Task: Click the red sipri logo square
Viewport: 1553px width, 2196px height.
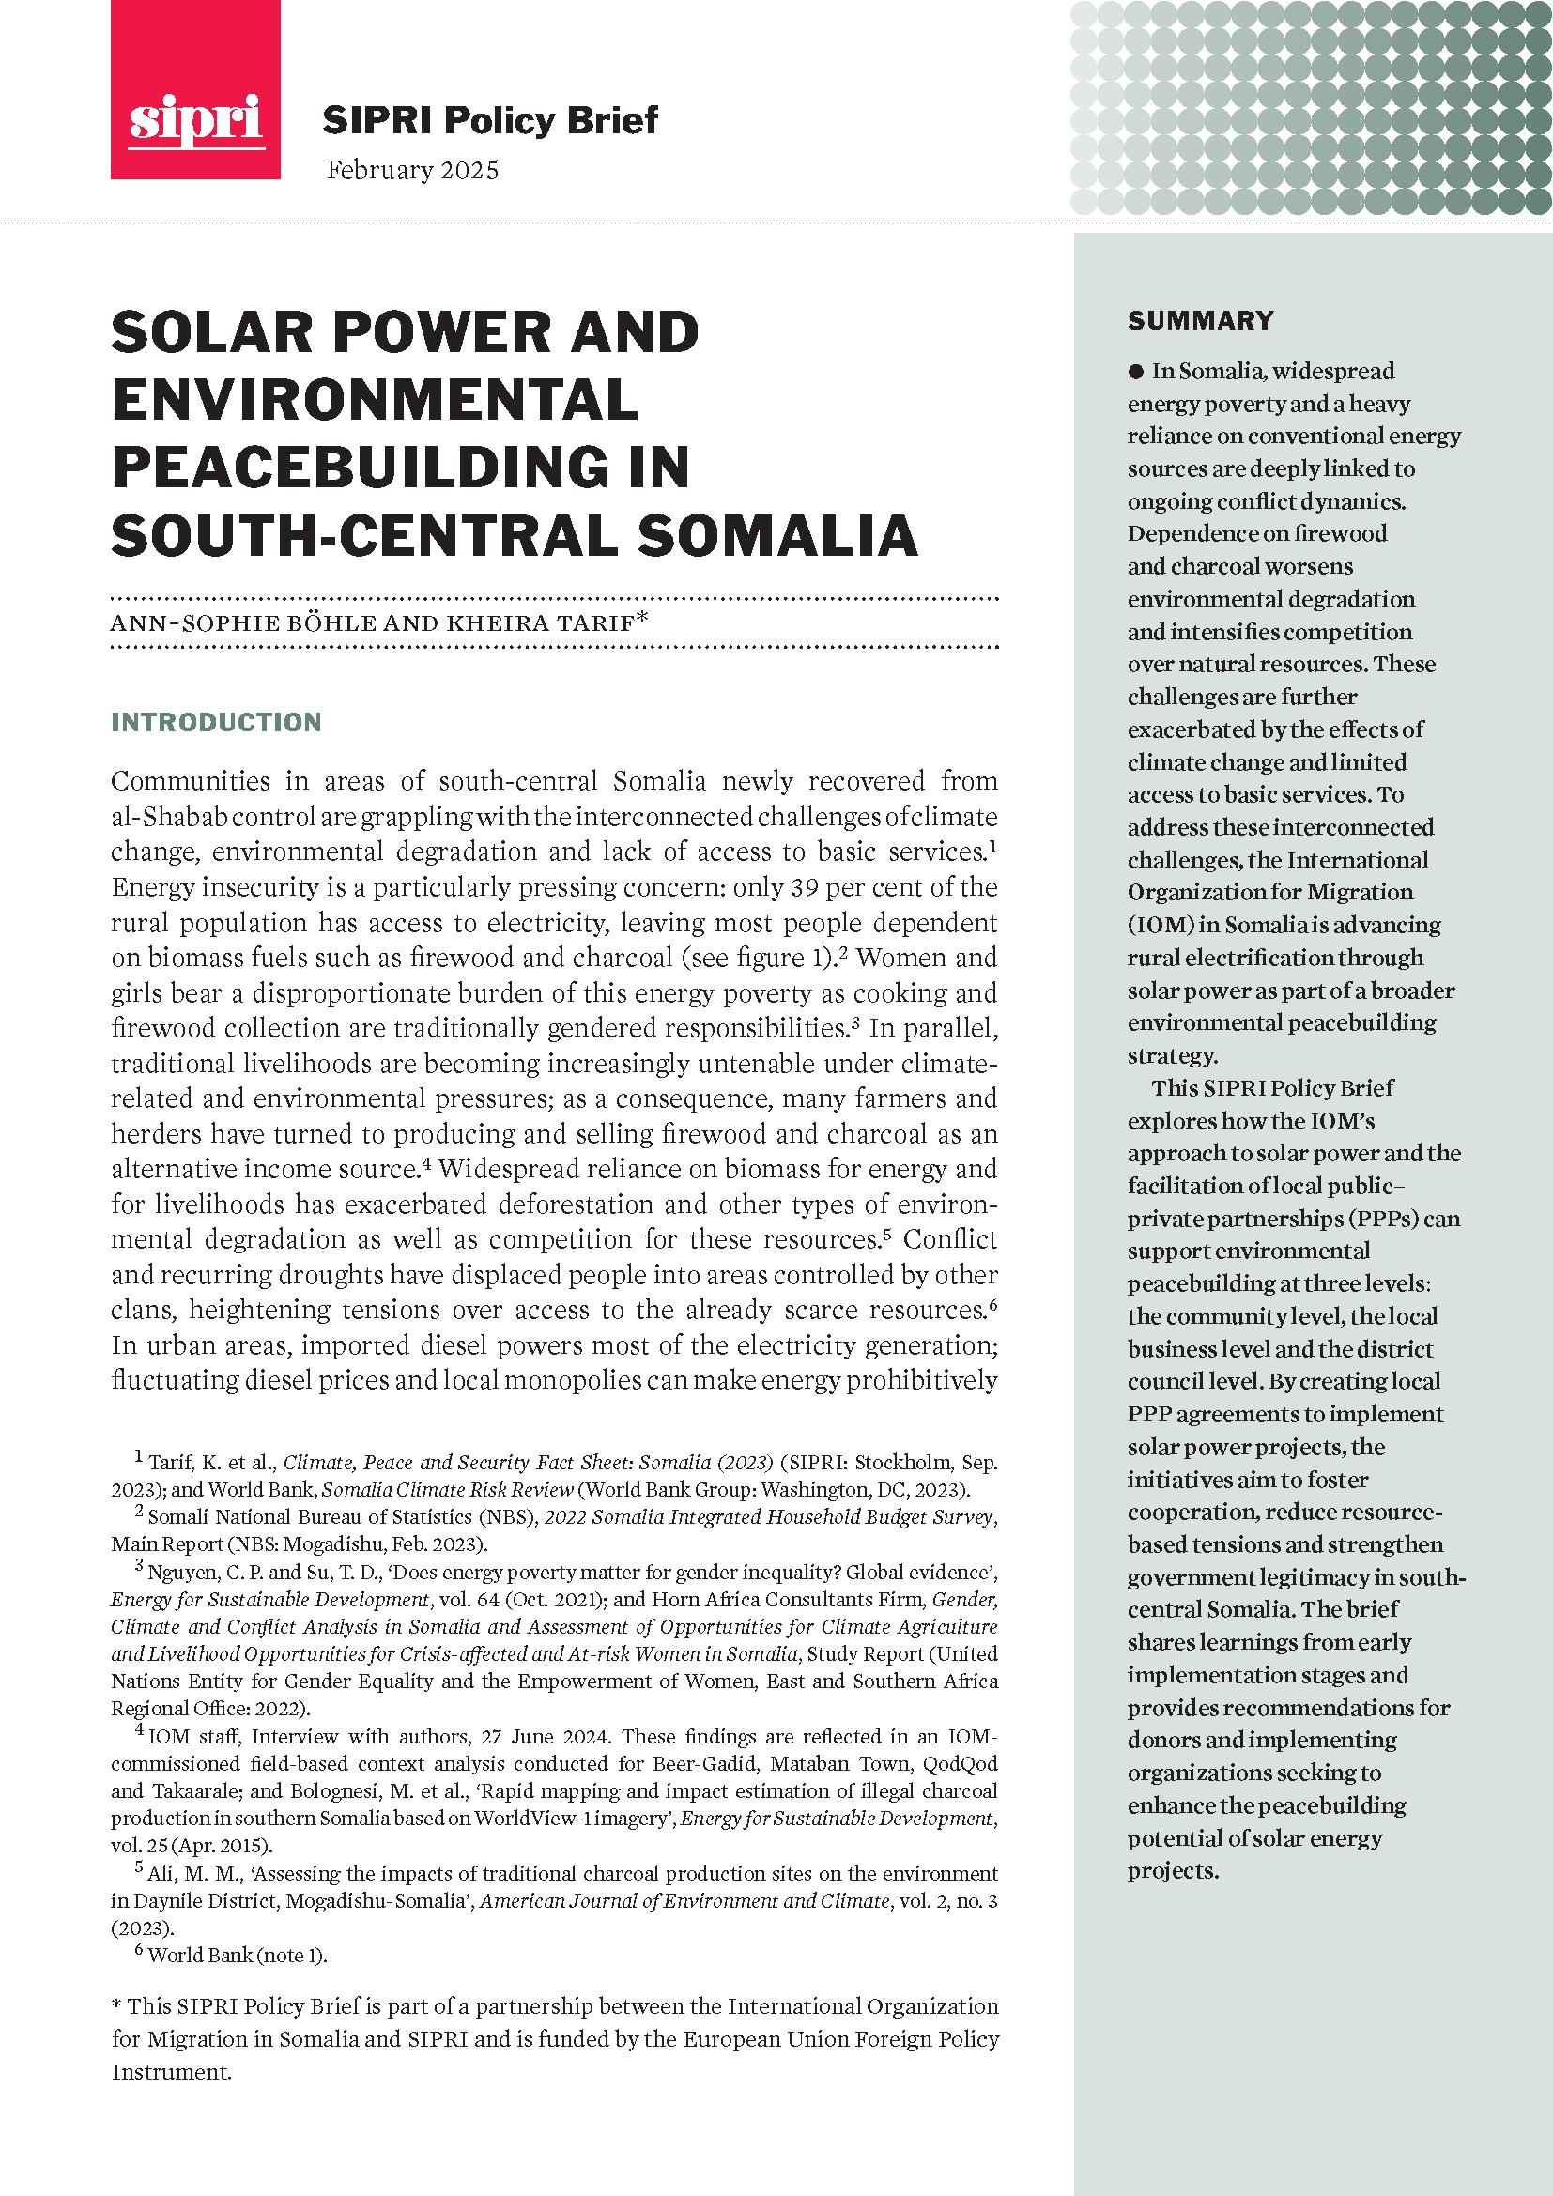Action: tap(195, 90)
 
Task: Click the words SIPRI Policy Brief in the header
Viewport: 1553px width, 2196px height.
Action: tap(489, 120)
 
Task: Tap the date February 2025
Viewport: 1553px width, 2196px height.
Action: tap(412, 170)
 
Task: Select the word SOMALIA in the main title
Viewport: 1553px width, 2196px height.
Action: tap(776, 535)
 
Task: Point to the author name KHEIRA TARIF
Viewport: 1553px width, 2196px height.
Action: tap(540, 623)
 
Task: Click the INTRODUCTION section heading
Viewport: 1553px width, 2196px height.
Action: tap(216, 722)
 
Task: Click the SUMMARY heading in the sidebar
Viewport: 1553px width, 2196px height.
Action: tap(1200, 320)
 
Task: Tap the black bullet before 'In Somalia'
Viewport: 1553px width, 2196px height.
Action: tap(1136, 371)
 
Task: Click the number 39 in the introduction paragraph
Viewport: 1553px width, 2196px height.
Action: tap(805, 887)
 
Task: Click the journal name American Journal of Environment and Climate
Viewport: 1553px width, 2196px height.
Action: tap(684, 1900)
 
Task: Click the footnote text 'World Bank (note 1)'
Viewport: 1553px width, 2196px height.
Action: tap(238, 1955)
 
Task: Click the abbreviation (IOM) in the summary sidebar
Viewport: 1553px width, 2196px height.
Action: tap(1161, 925)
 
